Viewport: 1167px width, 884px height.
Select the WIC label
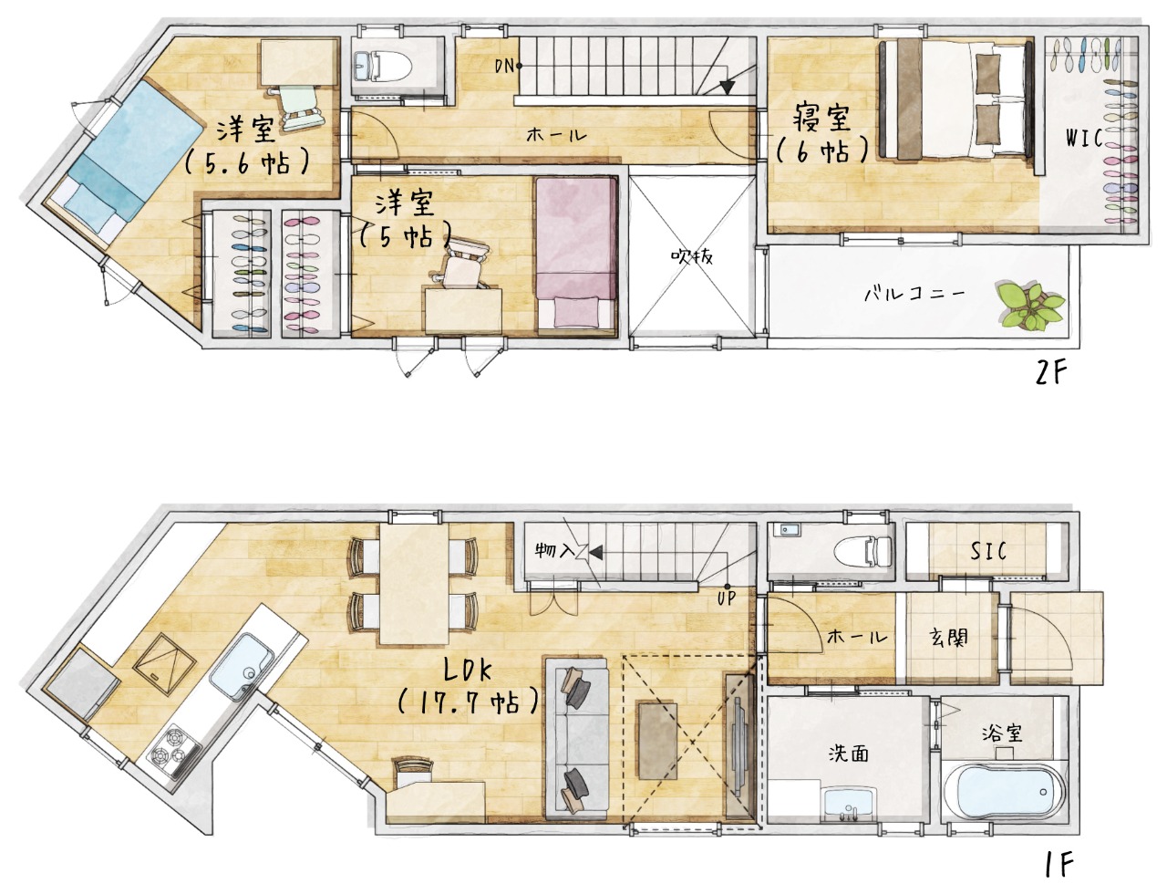point(1084,139)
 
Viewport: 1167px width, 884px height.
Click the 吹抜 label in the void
point(691,257)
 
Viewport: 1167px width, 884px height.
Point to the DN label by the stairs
point(504,67)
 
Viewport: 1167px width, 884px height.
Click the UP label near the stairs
point(726,598)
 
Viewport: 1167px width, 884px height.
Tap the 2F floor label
point(1051,372)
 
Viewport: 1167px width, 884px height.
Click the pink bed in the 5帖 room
point(576,254)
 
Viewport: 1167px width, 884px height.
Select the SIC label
point(988,551)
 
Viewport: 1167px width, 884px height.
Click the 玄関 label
point(948,637)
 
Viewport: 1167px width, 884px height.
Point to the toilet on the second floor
point(382,67)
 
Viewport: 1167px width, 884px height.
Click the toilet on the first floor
point(862,550)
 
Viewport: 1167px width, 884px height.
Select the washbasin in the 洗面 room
point(848,808)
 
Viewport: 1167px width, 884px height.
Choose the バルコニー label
point(914,293)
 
